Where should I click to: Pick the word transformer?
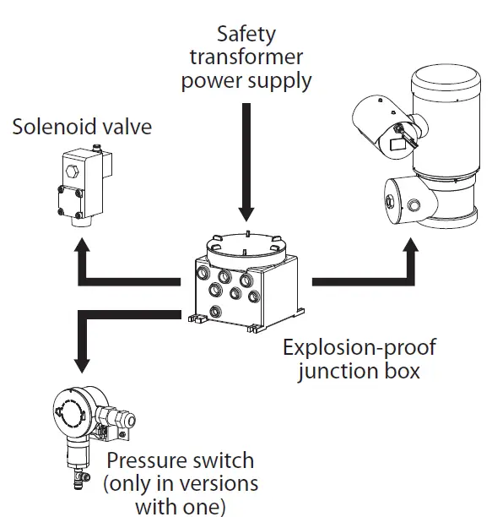(246, 58)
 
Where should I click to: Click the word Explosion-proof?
(360, 347)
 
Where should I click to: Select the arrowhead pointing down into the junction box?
(246, 215)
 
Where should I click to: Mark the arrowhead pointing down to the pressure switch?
(81, 366)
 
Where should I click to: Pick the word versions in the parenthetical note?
(224, 485)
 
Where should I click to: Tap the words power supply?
(246, 82)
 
